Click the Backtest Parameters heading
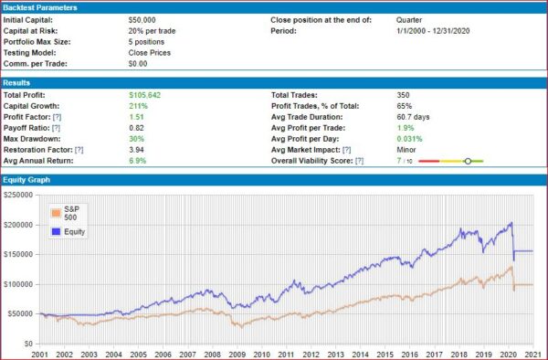click(44, 7)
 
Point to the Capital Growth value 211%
click(138, 105)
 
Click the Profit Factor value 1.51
click(137, 116)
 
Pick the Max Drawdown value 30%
click(137, 138)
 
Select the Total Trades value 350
click(403, 94)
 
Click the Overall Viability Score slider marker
click(468, 161)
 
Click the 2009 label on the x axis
click(237, 353)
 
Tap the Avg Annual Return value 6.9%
click(138, 160)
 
